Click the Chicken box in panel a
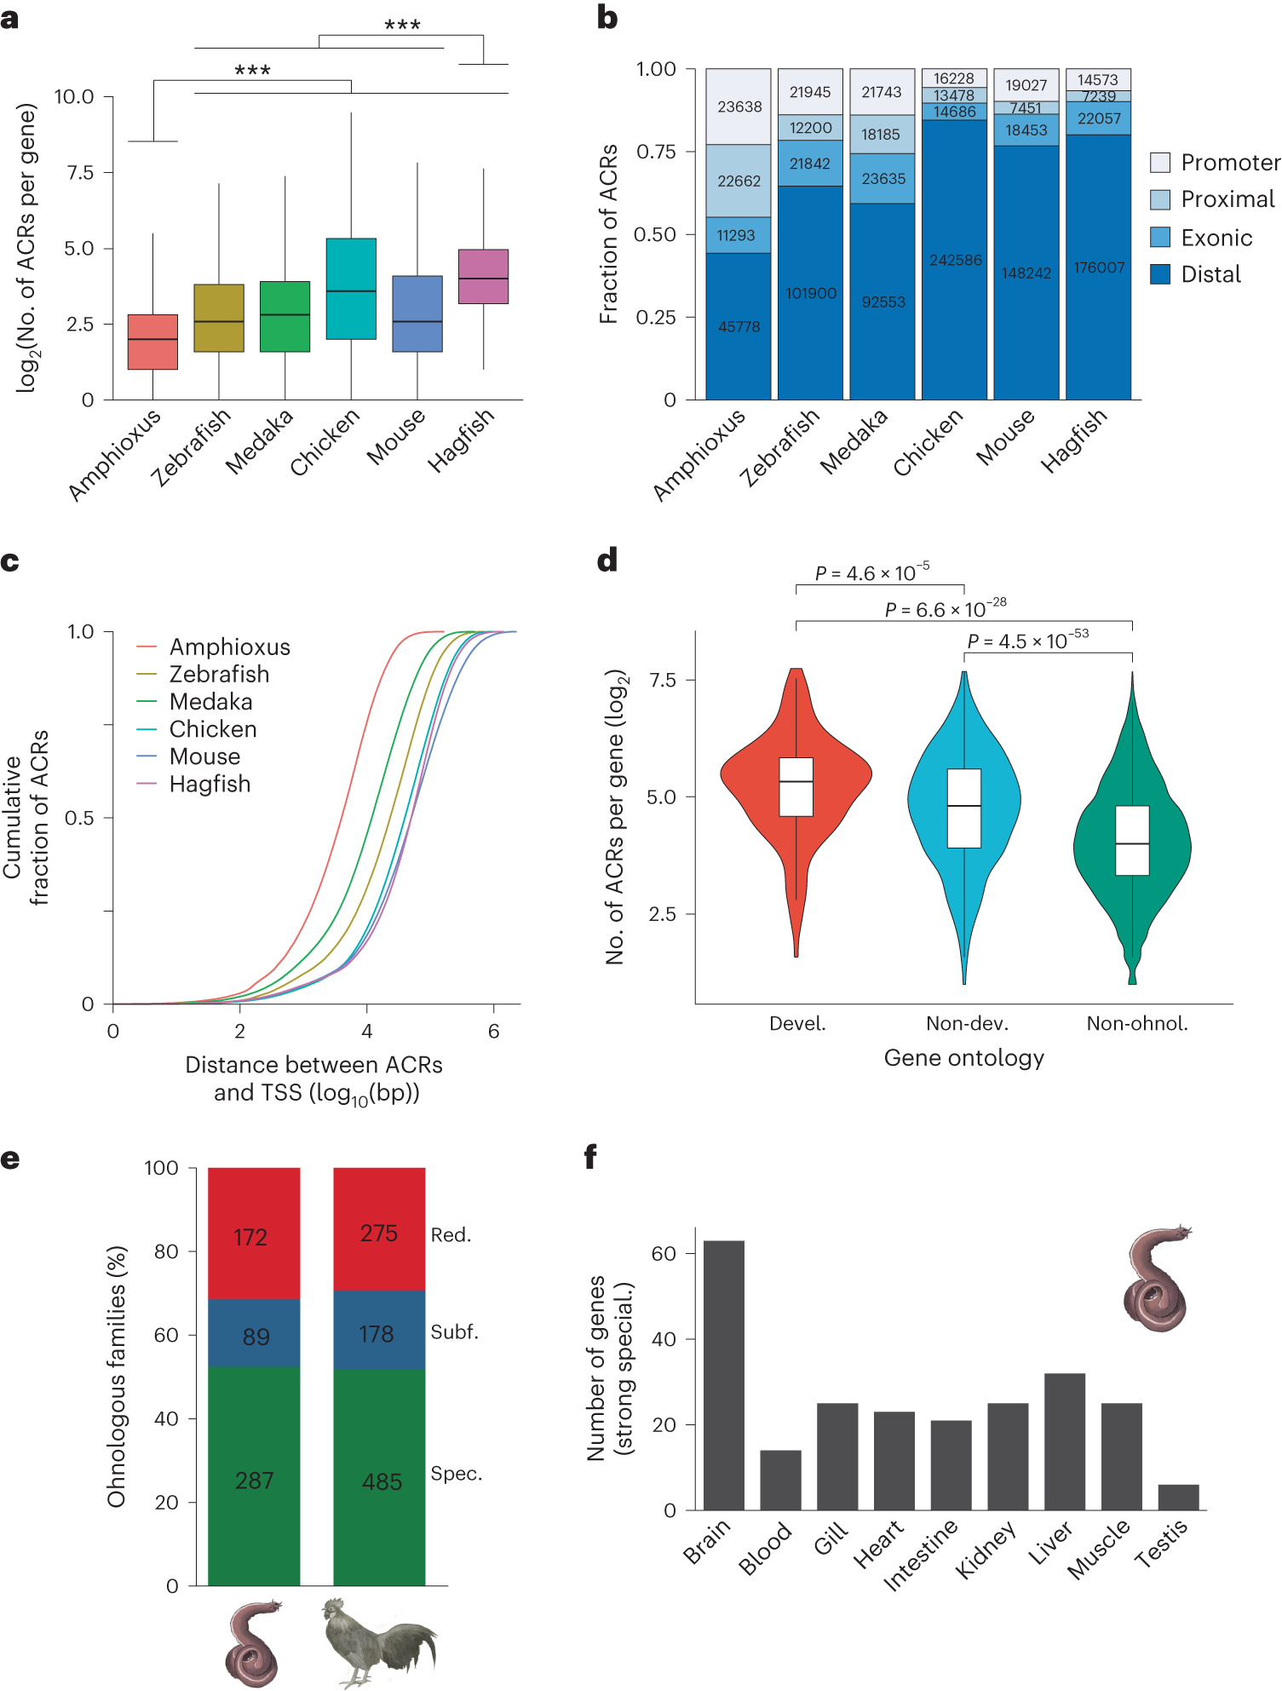click(x=351, y=289)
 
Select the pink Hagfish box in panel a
click(x=483, y=276)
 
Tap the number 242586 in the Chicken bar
click(x=955, y=261)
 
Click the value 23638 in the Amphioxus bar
click(x=739, y=107)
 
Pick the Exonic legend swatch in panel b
click(x=1159, y=238)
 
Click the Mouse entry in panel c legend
click(x=204, y=756)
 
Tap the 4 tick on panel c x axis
click(x=366, y=1032)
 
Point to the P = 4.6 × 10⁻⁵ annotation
click(x=871, y=572)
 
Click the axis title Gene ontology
click(x=963, y=1058)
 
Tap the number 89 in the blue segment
click(x=256, y=1337)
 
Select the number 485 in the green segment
click(x=382, y=1482)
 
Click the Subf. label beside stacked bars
click(x=454, y=1332)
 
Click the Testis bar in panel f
click(x=1178, y=1497)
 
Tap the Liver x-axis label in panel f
click(x=1049, y=1544)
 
